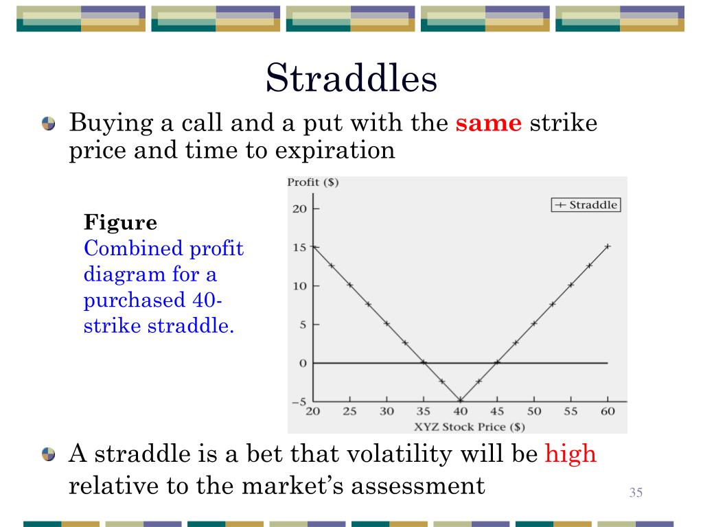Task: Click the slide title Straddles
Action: tap(351, 79)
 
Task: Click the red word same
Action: tap(489, 124)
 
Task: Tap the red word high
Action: tap(571, 454)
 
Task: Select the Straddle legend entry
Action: tap(586, 205)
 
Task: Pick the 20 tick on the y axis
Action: tap(299, 209)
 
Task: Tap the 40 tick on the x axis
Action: tap(460, 412)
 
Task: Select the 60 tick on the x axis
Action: tap(608, 412)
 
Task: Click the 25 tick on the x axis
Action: tap(349, 412)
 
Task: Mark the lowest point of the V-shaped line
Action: tap(460, 401)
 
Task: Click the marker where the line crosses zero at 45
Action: tap(497, 362)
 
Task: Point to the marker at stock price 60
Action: tap(608, 246)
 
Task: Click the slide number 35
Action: tap(635, 493)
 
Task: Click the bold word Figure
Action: tap(120, 223)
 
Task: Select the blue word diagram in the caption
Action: tap(120, 274)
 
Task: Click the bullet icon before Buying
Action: tap(48, 125)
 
